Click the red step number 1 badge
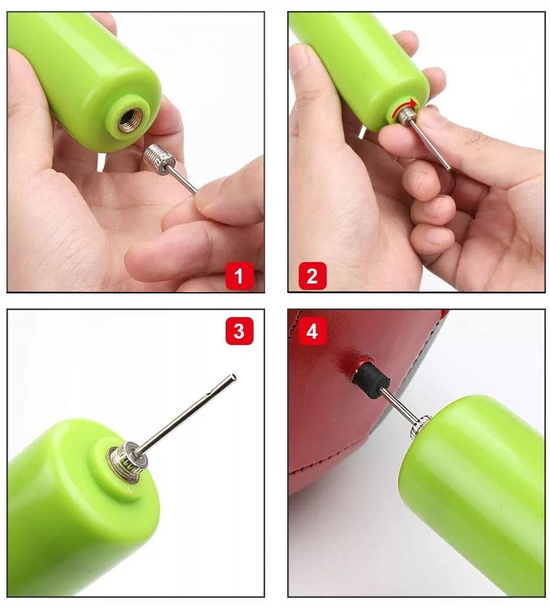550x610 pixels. point(239,276)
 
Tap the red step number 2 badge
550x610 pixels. point(313,276)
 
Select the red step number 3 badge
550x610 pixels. point(239,332)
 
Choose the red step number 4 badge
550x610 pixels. point(313,332)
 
